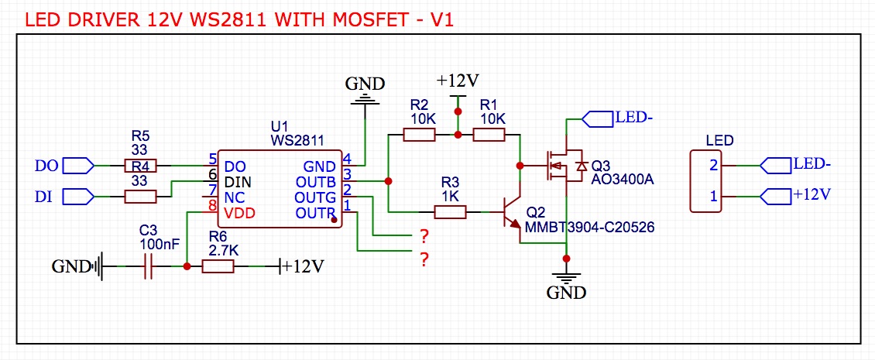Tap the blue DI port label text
tap(43, 197)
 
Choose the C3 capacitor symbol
tap(147, 266)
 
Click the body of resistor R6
tap(218, 266)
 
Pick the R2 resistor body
tap(419, 135)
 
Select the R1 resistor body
tap(489, 135)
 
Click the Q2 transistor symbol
tap(511, 211)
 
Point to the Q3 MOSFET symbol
tap(562, 165)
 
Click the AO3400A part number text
tap(623, 180)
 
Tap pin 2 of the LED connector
tap(714, 165)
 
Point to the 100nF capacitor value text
tap(160, 243)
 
